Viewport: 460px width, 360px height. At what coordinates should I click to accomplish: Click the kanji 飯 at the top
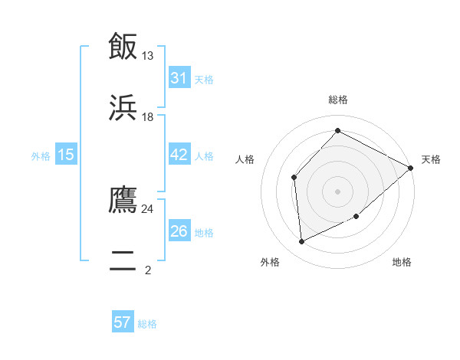pos(123,47)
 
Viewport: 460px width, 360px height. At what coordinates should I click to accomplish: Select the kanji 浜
pos(123,107)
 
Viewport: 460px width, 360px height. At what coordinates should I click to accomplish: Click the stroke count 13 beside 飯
pos(148,56)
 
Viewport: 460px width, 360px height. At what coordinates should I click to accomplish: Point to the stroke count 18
pos(148,117)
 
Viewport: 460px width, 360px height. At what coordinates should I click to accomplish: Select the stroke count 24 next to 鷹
pos(148,208)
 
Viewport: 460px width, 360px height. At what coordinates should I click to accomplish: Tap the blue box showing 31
pos(179,77)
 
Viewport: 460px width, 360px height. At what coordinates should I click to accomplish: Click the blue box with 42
pos(179,155)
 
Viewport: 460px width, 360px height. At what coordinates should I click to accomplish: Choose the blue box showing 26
pos(179,231)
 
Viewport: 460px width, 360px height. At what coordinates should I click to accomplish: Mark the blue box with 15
pos(66,155)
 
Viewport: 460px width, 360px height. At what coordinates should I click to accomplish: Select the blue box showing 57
pos(123,322)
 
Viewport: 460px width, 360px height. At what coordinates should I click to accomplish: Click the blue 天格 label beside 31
pos(204,79)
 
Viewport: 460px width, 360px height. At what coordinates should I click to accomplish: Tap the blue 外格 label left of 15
pos(41,156)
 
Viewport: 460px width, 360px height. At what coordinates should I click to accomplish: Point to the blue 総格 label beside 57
pos(147,324)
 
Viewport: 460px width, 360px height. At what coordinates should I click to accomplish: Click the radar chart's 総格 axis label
pos(337,100)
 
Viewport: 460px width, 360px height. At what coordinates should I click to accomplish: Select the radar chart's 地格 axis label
pos(402,262)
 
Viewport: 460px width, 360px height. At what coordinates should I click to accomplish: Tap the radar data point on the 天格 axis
pos(410,168)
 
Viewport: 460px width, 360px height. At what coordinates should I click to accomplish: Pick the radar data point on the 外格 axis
pos(302,242)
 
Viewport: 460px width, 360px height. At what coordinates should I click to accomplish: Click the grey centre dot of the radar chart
pos(337,191)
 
